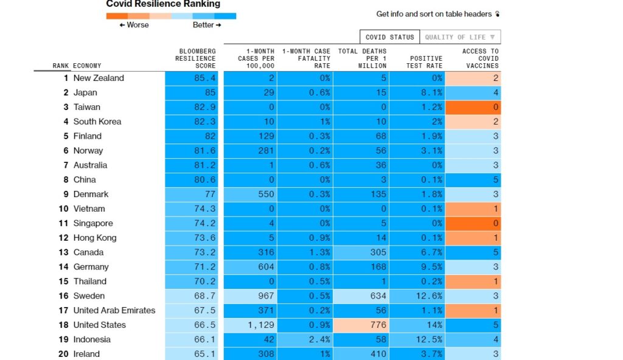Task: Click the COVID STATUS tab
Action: [x=389, y=37]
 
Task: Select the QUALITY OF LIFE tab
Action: [x=460, y=37]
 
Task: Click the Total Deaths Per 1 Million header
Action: [x=362, y=58]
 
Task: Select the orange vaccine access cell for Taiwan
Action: [x=473, y=107]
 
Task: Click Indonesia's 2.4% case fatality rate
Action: [x=306, y=339]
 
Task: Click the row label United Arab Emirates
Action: [x=114, y=310]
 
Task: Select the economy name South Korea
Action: [x=97, y=122]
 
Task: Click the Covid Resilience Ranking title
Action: [x=163, y=4]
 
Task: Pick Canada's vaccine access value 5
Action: [x=473, y=252]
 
